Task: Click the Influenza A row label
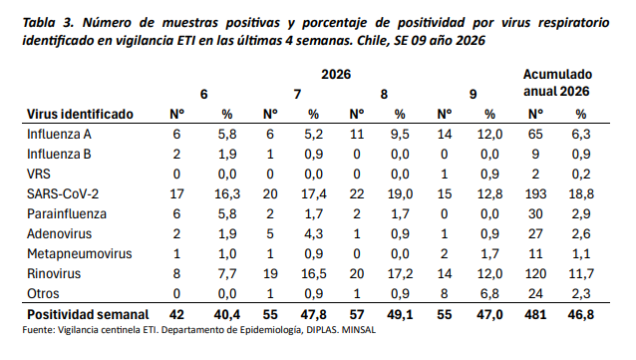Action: [x=59, y=134]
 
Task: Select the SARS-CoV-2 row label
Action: [x=63, y=193]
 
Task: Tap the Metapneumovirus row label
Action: [x=80, y=253]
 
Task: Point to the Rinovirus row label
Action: [x=54, y=273]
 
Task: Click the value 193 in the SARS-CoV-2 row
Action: [x=535, y=193]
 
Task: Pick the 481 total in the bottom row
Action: [x=535, y=314]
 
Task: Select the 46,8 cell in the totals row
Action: [x=581, y=314]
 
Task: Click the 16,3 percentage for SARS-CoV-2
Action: [x=227, y=193]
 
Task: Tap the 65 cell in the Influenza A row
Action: [x=535, y=134]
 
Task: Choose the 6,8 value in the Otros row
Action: [x=490, y=293]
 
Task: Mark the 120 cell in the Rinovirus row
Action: [x=535, y=273]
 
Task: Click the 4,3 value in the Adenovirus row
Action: [x=314, y=233]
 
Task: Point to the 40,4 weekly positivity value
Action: [x=227, y=314]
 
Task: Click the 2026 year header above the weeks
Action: [x=336, y=74]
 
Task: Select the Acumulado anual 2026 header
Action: [x=557, y=83]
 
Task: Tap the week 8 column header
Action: [x=384, y=94]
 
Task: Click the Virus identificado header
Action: [x=80, y=114]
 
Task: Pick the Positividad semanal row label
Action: [x=88, y=314]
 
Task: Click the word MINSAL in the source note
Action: [x=359, y=330]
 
